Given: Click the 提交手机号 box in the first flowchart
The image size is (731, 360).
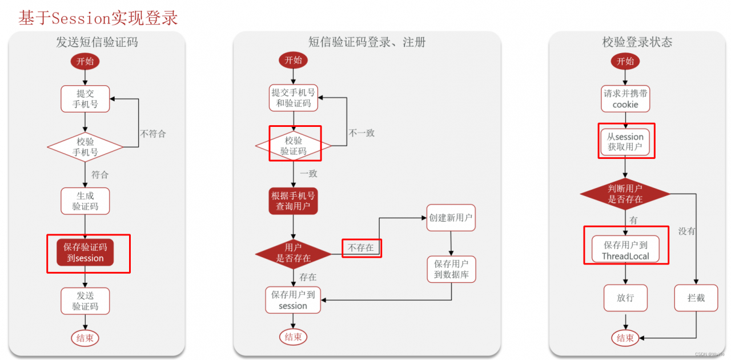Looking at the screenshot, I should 85,98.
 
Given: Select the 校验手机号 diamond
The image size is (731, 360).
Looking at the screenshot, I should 85,147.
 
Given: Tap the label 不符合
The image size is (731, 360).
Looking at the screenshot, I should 152,134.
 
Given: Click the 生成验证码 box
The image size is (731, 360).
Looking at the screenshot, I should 85,201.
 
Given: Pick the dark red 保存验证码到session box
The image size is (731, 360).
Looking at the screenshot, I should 85,252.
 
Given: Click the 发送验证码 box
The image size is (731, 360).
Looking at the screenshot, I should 85,301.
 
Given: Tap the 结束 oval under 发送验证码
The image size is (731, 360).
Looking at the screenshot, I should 85,338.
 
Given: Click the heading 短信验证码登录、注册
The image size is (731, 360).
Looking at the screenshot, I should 367,42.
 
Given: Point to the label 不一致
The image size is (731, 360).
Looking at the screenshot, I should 362,133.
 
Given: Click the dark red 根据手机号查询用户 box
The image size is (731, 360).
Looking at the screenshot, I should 293,201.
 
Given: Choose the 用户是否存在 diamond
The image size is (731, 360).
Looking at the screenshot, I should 293,253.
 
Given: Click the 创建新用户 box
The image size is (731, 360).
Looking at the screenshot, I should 451,218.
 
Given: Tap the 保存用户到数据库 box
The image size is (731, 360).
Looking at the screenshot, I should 451,269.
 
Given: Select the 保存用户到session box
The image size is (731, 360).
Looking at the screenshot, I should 293,300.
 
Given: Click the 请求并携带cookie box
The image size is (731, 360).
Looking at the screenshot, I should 625,99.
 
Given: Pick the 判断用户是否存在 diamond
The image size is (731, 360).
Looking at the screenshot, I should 625,194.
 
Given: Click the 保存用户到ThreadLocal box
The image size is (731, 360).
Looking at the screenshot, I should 625,250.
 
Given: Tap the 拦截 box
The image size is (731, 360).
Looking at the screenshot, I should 696,298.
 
